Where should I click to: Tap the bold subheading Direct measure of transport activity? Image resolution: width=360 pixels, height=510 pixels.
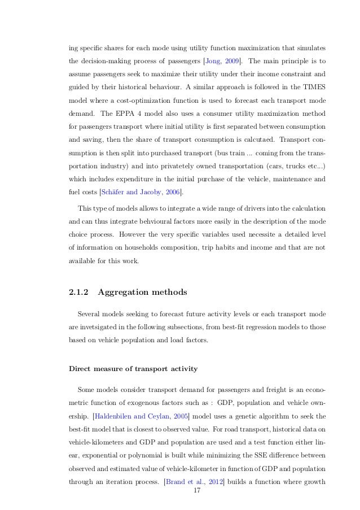click(x=133, y=369)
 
